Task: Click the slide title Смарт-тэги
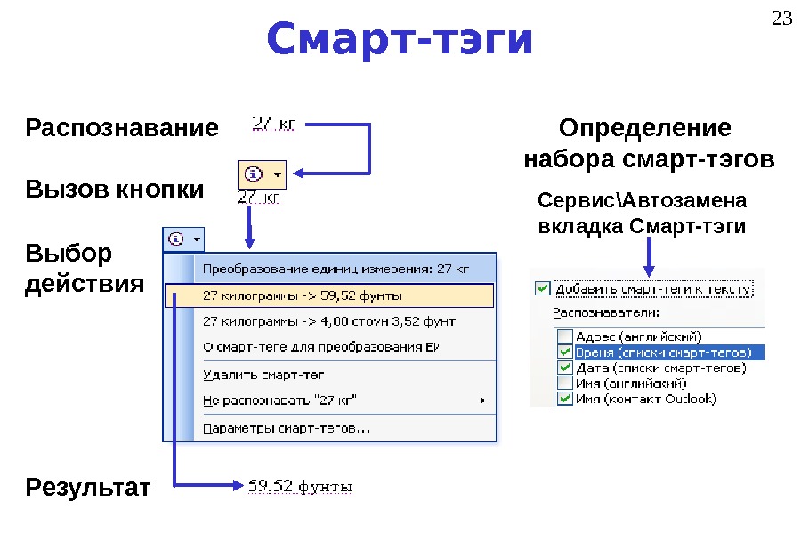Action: coord(400,40)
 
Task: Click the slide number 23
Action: coord(781,18)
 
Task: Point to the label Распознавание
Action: coord(122,128)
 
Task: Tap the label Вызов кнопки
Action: coord(115,190)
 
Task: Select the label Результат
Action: coord(89,488)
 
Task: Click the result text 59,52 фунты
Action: coord(299,487)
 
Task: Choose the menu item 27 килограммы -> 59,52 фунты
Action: coord(303,295)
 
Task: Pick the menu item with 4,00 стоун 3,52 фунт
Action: coord(329,320)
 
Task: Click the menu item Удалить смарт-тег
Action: coord(263,375)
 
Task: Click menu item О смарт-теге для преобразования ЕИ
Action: coord(323,347)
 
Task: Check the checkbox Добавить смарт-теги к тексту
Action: coord(542,288)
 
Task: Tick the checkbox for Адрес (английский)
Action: coord(564,336)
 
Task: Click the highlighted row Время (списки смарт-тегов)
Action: coord(658,352)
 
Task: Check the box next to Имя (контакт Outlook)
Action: coord(564,400)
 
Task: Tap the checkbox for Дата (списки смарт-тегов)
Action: coord(564,368)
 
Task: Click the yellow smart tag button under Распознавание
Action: coord(262,174)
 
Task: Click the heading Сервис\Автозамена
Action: coord(643,198)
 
